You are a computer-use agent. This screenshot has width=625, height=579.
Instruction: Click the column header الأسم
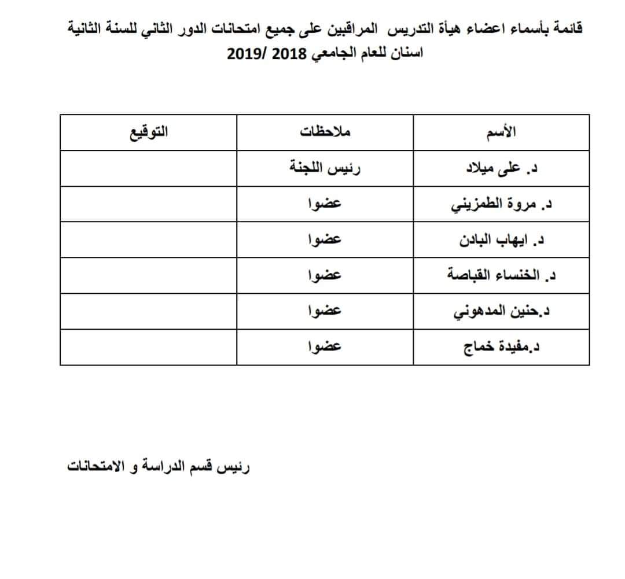[502, 132]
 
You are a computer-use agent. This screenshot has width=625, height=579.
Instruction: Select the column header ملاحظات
[325, 132]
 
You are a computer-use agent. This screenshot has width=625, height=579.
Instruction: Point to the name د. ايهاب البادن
[502, 240]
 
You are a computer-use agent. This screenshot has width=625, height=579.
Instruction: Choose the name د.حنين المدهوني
[502, 311]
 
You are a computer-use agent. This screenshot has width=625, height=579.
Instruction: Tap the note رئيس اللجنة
[326, 168]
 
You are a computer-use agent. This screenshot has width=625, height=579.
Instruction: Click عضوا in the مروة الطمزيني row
[325, 204]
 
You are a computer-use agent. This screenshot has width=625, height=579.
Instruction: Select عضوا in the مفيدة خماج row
[325, 346]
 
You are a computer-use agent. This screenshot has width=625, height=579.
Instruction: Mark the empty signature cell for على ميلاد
[148, 168]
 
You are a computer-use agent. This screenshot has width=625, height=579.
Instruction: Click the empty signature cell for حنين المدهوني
[148, 311]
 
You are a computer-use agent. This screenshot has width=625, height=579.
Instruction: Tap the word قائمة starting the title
[568, 27]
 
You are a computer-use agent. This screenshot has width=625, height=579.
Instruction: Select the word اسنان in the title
[409, 54]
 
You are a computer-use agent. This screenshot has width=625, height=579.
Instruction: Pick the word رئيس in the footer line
[235, 466]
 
